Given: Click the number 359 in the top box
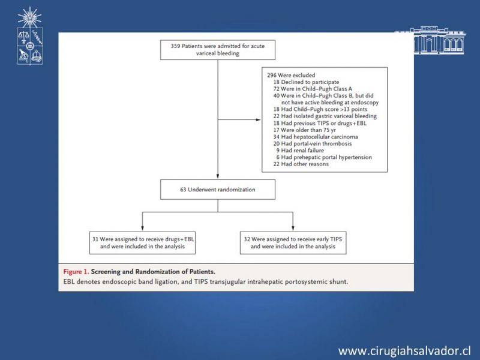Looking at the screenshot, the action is pos(175,46).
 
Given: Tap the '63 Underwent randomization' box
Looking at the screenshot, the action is pos(218,190).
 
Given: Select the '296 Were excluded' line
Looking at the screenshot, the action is pos(291,76).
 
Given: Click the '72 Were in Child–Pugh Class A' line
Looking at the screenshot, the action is pos(313,89).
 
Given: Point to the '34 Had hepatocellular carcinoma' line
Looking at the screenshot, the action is pos(316,137).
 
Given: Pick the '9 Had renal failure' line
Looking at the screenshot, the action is pos(300,151).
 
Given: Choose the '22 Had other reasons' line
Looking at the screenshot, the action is pos(301,164).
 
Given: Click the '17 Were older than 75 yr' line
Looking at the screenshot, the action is pos(305,130).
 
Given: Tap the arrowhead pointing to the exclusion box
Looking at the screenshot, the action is pos(258,119).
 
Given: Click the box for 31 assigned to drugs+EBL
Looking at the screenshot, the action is pos(142,243).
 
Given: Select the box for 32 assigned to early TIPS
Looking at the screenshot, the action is pos(293,243).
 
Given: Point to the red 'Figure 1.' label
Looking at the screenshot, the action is pos(76,272).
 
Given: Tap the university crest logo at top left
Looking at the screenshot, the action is pos(29,36).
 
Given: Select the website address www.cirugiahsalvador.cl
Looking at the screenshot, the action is pos(404,350).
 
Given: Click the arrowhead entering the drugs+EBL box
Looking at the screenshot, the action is pos(142,228).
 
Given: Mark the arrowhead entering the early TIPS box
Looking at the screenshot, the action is pos(293,228).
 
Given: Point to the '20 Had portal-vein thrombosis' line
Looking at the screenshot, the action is pos(313,143).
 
